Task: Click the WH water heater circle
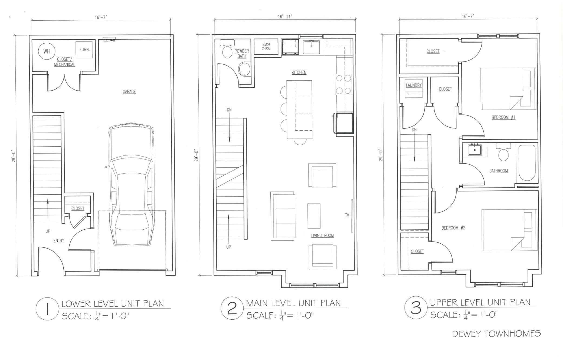tap(47, 51)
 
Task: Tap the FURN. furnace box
tap(84, 50)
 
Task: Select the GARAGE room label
tap(129, 92)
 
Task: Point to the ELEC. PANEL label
tap(109, 41)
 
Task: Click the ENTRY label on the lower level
tap(59, 241)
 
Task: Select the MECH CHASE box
tap(266, 47)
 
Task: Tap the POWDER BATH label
tap(242, 54)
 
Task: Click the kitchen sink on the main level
tap(312, 47)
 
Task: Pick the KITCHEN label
tap(299, 72)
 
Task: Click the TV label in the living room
tap(347, 215)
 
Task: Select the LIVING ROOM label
tap(322, 236)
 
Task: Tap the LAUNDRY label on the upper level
tap(414, 85)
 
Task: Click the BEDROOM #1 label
tap(503, 117)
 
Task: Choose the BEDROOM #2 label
tap(453, 228)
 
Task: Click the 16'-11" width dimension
tap(285, 17)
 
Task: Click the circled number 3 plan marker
tap(416, 308)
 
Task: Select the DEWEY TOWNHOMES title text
tap(496, 333)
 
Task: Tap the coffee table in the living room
tap(314, 216)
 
